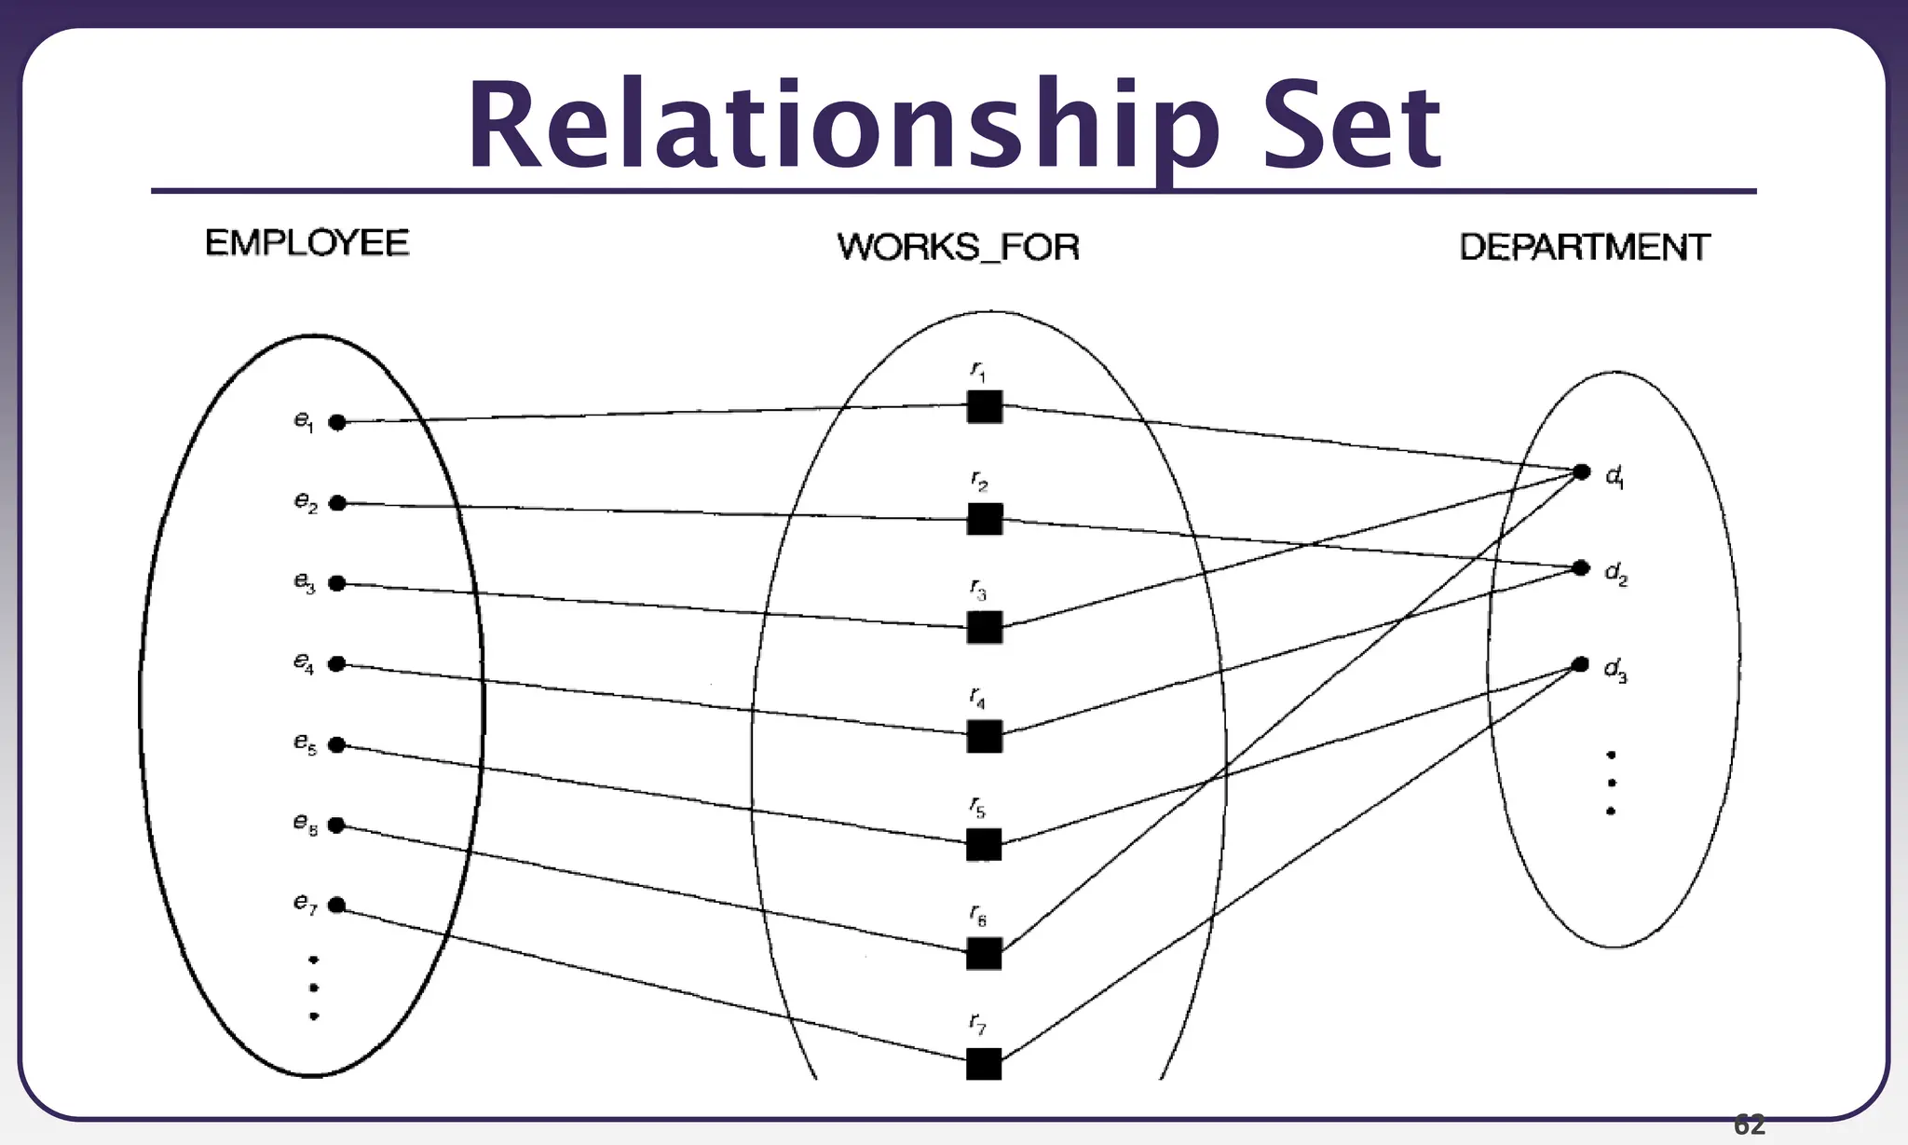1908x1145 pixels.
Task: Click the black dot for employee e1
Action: (x=337, y=422)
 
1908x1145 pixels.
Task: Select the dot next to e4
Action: (x=337, y=663)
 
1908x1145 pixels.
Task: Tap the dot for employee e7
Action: (x=337, y=905)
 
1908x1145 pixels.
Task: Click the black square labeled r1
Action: (x=985, y=406)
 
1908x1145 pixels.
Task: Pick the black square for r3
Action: (x=985, y=627)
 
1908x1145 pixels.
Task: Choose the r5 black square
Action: (x=984, y=844)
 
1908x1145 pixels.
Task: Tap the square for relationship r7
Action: (x=984, y=1063)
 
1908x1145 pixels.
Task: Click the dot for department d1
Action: (x=1581, y=472)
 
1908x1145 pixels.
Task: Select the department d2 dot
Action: (x=1580, y=567)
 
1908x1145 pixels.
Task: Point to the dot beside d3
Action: (x=1580, y=664)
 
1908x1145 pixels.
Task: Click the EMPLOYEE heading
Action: (x=307, y=243)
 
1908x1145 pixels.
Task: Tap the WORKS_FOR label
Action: (x=958, y=247)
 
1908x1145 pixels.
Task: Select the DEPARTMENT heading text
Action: (x=1584, y=247)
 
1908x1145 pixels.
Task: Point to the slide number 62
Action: (x=1749, y=1125)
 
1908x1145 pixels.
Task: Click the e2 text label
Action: (x=306, y=502)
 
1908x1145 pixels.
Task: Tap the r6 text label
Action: (x=977, y=916)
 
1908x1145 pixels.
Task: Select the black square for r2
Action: (x=985, y=519)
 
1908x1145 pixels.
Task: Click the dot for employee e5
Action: (x=337, y=744)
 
